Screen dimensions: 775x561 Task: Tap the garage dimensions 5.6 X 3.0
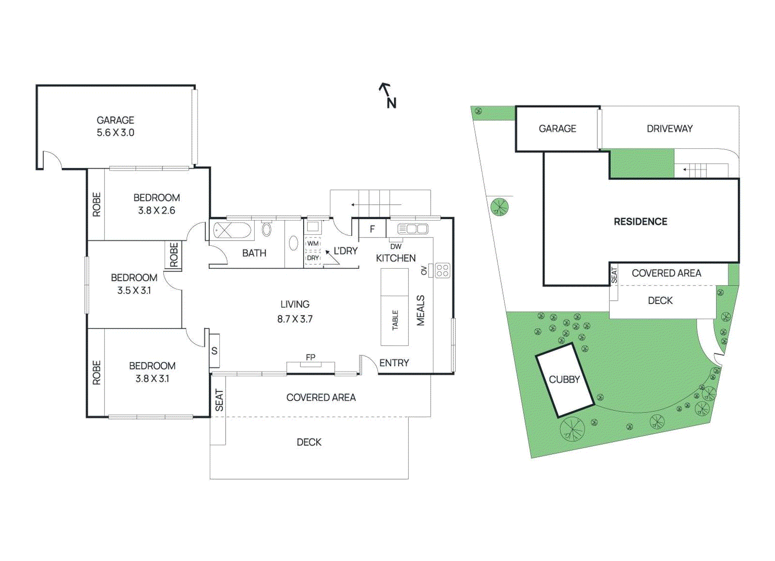pos(115,133)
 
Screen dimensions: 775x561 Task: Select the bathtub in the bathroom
pos(232,230)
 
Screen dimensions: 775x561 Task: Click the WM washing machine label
pos(313,243)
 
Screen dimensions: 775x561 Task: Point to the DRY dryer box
pos(313,258)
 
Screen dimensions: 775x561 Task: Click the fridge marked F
pos(372,228)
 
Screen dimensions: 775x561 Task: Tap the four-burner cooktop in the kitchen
pos(443,271)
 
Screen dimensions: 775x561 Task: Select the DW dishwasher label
pos(396,247)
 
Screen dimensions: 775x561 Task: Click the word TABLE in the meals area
pos(395,321)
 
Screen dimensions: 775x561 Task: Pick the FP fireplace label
pos(310,357)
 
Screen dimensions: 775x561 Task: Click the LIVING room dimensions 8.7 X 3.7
pos(295,319)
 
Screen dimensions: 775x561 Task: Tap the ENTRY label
pos(394,363)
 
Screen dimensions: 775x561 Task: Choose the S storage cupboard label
pos(214,351)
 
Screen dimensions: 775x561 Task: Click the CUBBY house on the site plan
pos(565,380)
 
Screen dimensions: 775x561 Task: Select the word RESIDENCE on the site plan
pos(640,222)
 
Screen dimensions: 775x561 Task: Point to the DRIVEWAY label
pos(669,129)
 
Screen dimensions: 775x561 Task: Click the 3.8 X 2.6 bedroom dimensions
pos(156,210)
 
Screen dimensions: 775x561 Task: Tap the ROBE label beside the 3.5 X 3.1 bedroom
pos(174,255)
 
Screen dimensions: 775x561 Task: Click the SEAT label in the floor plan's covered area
pos(219,400)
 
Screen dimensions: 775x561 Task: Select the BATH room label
pos(254,253)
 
